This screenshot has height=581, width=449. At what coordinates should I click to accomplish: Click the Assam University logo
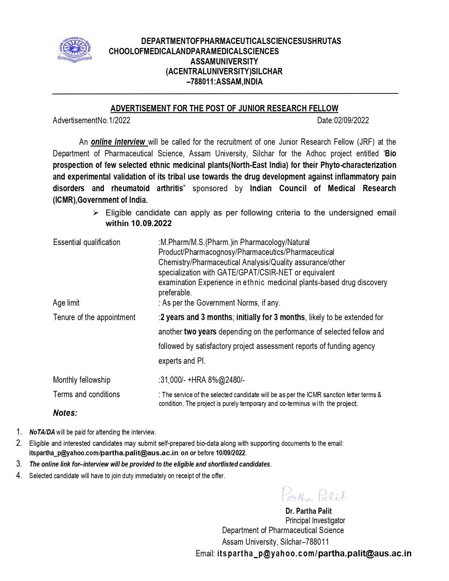[74, 50]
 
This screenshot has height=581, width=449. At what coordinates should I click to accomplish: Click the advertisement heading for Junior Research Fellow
[224, 108]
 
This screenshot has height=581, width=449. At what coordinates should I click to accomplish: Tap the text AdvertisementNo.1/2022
[92, 120]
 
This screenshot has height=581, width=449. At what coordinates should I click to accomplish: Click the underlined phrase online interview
[118, 142]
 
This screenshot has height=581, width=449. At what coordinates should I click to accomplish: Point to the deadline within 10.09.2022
[139, 223]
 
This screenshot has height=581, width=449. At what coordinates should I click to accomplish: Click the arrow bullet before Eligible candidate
[95, 213]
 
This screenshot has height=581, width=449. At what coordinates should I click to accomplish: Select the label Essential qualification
[87, 242]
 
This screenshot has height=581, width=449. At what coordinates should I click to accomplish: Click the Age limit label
[66, 303]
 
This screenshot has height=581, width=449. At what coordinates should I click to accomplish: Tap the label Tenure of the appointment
[94, 317]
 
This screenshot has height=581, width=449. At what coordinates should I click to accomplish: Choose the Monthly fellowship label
[82, 380]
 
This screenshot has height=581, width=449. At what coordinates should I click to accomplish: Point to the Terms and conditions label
[86, 394]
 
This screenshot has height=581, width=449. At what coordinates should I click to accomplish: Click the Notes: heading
[65, 413]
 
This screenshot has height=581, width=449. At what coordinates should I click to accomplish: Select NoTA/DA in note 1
[42, 432]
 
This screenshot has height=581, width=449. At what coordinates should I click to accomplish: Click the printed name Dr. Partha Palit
[308, 511]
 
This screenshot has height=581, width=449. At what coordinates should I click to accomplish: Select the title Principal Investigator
[315, 520]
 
